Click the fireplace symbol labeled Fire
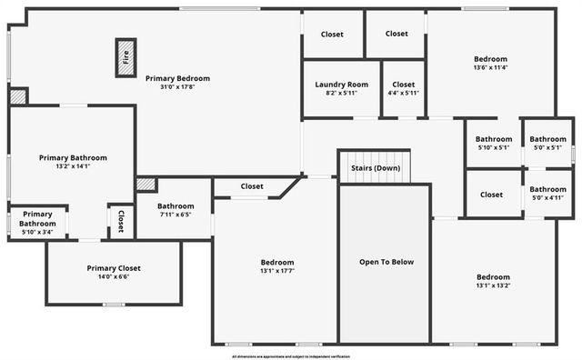125,58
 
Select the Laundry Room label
341,85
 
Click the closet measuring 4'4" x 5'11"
403,88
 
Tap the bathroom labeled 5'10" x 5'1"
494,144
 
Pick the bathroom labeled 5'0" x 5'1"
547,144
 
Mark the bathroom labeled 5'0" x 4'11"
547,194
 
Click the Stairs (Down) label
375,168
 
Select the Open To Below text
386,262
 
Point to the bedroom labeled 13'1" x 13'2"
494,281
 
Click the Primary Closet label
114,268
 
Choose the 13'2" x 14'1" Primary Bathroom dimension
73,166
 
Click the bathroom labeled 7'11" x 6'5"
176,211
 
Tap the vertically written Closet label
120,221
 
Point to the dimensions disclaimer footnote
291,356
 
